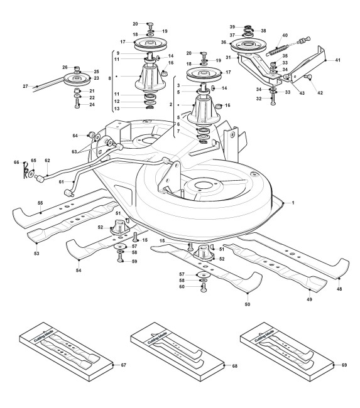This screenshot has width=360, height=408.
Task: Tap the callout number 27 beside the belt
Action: point(25,86)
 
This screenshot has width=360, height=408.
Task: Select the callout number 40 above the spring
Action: point(285,35)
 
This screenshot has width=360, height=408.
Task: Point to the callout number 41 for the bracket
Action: point(337,60)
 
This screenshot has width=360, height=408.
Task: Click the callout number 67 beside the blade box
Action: point(124,365)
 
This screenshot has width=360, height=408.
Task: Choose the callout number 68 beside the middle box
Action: point(235,366)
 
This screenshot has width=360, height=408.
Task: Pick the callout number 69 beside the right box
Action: point(344,365)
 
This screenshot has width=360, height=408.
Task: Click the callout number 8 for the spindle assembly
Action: point(109,78)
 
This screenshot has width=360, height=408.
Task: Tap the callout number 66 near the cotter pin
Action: point(16,163)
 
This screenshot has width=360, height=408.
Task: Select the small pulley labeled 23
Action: point(77,78)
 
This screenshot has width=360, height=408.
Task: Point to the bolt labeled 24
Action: point(77,104)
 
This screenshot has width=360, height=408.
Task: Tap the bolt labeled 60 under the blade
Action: point(204,287)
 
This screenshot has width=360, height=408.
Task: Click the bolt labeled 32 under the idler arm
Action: point(273,100)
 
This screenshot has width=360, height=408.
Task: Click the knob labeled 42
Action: point(308,77)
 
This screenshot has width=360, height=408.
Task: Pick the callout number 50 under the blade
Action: point(248,304)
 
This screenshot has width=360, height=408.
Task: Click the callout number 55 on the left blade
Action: point(40,203)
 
